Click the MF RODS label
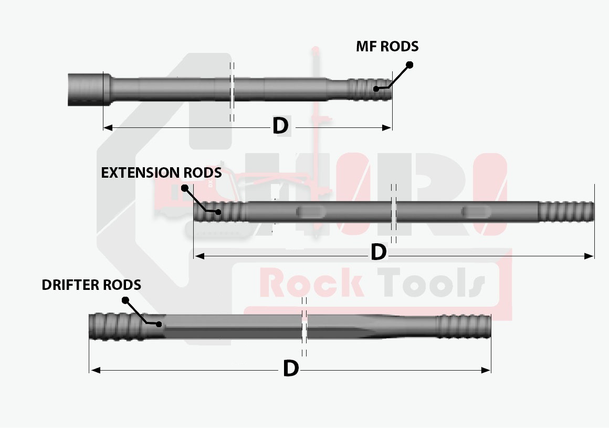click(387, 46)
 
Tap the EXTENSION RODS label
click(161, 172)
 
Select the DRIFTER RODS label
click(91, 285)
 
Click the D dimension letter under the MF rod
click(280, 126)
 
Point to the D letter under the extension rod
click(378, 252)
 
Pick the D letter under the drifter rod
click(290, 369)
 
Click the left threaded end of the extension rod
click(219, 212)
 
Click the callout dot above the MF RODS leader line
click(410, 64)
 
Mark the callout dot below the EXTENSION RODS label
click(184, 188)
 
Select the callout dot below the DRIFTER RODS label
click(125, 300)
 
